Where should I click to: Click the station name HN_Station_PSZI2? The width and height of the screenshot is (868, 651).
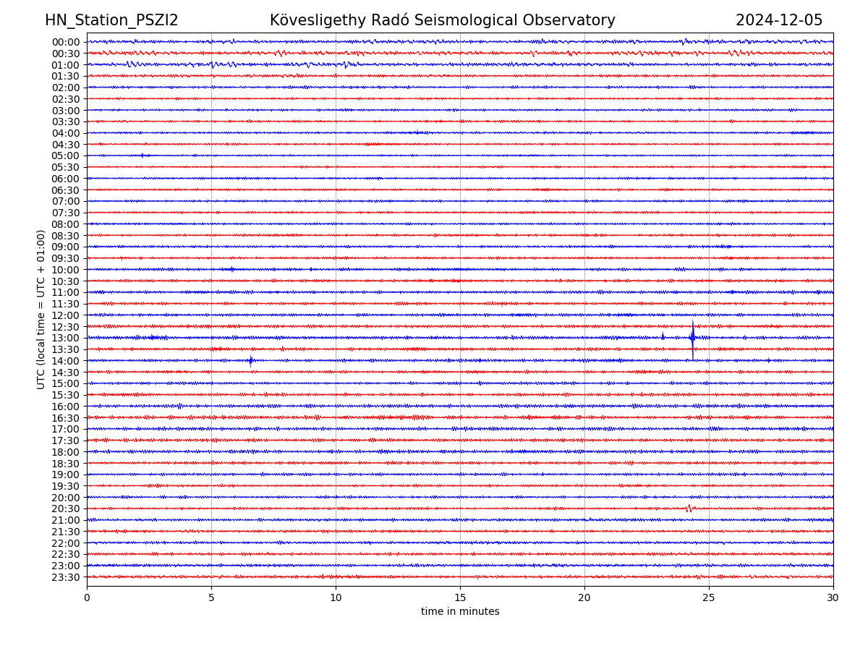(111, 20)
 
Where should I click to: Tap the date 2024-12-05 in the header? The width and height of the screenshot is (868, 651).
(779, 20)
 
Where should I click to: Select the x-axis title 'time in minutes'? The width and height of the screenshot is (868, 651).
(460, 612)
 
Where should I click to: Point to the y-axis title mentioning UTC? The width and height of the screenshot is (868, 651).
(41, 309)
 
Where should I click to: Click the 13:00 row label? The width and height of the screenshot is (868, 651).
(65, 338)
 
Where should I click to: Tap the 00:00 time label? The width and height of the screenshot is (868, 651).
(65, 42)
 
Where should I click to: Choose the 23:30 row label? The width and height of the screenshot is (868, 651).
(65, 577)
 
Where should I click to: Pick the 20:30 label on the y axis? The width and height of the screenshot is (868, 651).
(65, 509)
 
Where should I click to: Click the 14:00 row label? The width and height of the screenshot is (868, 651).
(65, 361)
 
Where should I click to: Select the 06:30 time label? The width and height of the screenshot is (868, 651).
(65, 190)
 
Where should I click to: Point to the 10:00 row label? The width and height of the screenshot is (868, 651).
(65, 270)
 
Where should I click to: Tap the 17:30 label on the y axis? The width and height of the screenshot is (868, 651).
(65, 441)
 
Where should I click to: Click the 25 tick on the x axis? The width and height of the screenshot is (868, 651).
(709, 598)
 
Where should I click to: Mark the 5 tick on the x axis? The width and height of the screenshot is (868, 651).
(211, 598)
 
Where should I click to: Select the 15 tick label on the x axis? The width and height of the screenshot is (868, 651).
(460, 598)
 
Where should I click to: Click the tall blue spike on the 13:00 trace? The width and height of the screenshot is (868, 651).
(692, 336)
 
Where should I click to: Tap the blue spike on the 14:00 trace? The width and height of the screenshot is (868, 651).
(251, 360)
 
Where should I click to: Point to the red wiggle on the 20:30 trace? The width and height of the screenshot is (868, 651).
(689, 509)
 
